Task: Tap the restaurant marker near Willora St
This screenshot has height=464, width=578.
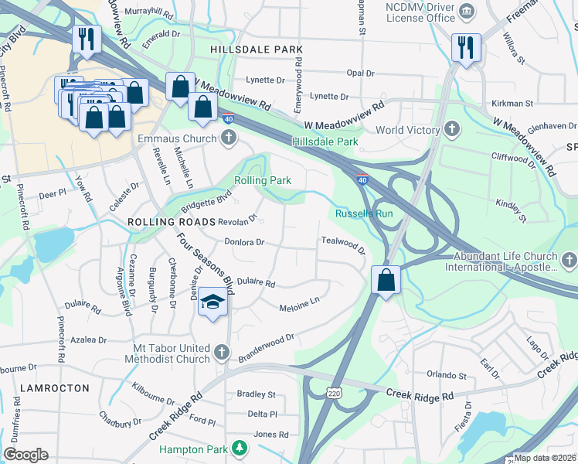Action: [466, 47]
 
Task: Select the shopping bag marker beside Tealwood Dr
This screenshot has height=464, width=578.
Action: [386, 280]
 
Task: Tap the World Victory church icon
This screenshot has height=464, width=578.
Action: [453, 130]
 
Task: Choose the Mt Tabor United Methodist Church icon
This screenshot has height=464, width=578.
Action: [222, 353]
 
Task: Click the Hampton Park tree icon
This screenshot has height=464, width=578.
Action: [240, 449]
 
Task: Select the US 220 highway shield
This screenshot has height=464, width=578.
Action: [334, 394]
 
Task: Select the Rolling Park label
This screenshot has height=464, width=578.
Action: [263, 180]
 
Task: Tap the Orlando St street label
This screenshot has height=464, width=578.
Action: [440, 376]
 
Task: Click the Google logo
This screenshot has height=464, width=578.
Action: [25, 455]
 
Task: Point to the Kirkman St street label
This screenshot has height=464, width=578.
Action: [512, 103]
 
